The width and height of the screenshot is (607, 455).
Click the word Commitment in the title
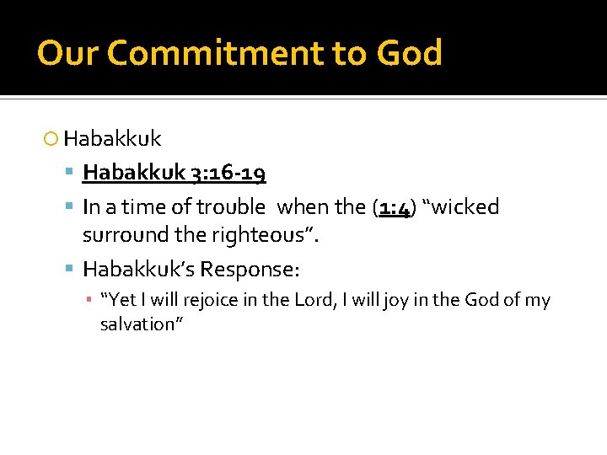pyautogui.click(x=214, y=53)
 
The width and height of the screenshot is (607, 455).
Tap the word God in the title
pyautogui.click(x=409, y=53)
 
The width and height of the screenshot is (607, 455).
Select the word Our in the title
pyautogui.click(x=67, y=53)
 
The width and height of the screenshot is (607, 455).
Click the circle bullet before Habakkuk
pyautogui.click(x=52, y=138)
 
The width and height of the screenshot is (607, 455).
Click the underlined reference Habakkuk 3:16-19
pyautogui.click(x=174, y=174)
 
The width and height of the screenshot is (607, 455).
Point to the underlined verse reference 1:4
pyautogui.click(x=394, y=206)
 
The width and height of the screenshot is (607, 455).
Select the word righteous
pyautogui.click(x=265, y=235)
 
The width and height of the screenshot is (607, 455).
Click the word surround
pyautogui.click(x=121, y=235)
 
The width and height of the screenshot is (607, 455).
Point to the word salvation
pyautogui.click(x=137, y=324)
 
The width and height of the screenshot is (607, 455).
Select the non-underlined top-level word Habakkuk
pyautogui.click(x=112, y=138)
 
